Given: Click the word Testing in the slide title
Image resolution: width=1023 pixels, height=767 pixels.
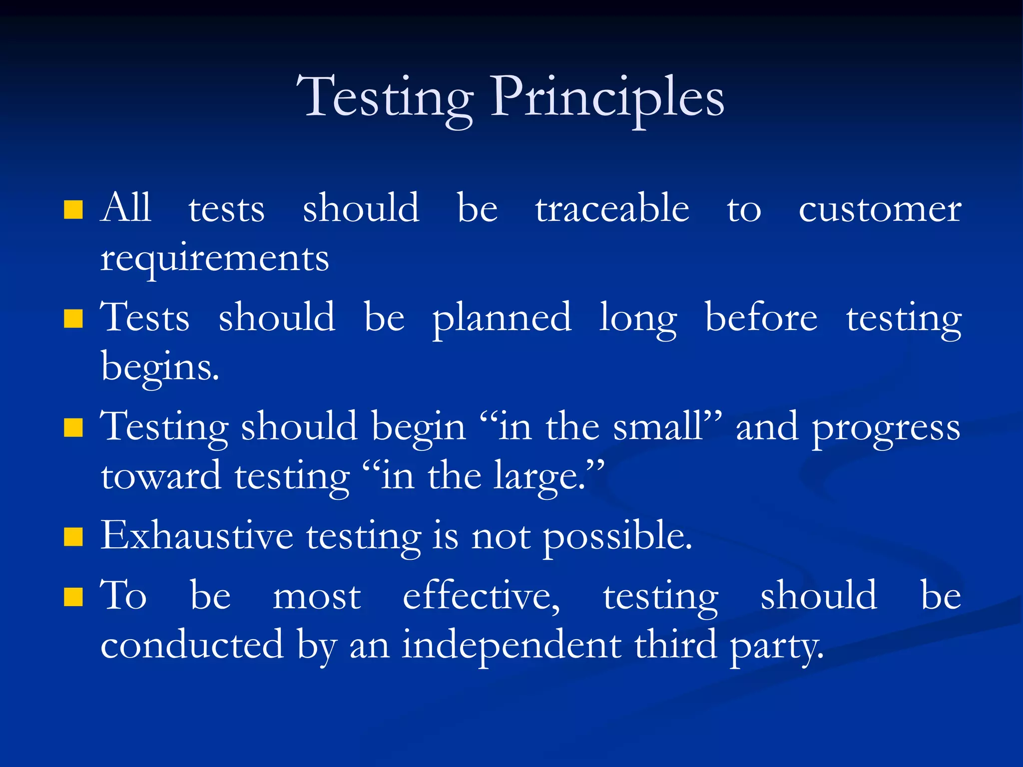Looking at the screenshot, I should click(x=385, y=97).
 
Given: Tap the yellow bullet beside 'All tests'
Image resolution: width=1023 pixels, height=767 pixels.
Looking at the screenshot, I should click(x=73, y=210).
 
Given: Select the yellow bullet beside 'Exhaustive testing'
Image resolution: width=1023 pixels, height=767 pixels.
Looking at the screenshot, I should click(x=73, y=537).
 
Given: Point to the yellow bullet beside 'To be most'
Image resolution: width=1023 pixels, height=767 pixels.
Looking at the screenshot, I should click(x=73, y=597).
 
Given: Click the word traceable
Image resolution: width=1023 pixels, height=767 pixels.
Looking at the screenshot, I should click(x=612, y=208).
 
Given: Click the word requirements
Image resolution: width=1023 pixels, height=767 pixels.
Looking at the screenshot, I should click(x=215, y=260).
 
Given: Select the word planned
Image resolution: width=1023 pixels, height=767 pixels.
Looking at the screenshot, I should click(x=502, y=318).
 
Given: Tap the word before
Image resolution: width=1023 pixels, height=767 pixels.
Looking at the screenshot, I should click(x=761, y=318).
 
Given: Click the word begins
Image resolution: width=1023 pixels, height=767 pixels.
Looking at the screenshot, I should click(x=159, y=368).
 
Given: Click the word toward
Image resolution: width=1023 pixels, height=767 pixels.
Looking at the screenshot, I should click(x=161, y=476).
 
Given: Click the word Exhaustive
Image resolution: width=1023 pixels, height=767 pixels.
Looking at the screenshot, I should click(x=197, y=535).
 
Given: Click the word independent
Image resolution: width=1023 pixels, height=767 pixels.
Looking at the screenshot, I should click(x=511, y=645).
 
